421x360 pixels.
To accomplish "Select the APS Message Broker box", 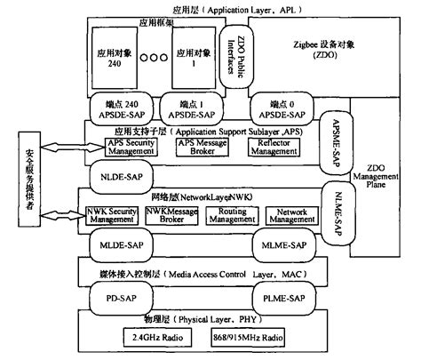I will tap(197, 147).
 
